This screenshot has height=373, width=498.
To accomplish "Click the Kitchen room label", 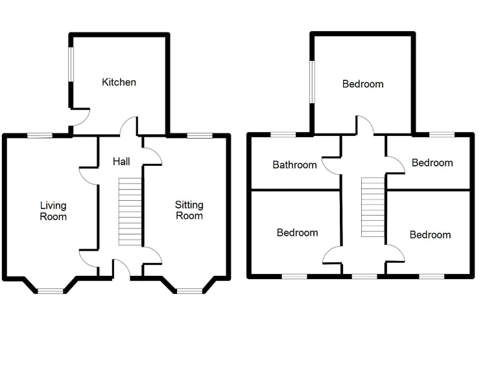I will point(119,82).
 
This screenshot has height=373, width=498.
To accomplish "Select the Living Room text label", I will point(53,211).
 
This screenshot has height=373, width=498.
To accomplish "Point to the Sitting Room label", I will point(189,210).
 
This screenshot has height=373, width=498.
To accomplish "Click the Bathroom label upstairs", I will point(294,164).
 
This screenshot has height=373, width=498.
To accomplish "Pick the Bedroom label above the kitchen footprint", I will point(362,84).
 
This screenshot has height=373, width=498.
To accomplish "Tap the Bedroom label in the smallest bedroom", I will point(432,163).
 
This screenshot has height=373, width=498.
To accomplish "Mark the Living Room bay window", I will point(51,291).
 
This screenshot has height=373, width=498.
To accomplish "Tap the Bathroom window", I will point(283,135).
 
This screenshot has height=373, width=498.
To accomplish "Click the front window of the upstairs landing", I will point(364,277).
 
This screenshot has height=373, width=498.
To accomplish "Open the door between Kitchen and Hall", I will point(130,126).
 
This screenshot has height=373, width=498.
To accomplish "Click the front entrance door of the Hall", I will point(121,267).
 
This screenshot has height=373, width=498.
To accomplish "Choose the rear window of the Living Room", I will point(40,135).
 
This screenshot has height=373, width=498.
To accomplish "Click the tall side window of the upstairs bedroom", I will point(312,82).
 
